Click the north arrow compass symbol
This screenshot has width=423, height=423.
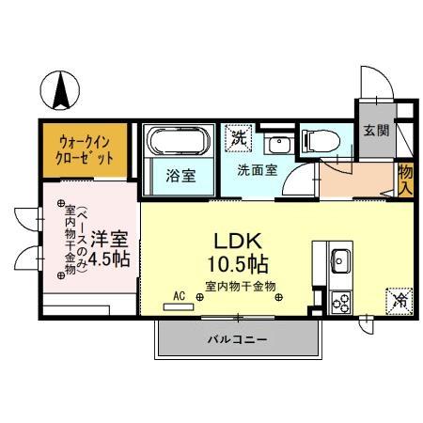point(63,91)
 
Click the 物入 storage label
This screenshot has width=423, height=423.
point(405,178)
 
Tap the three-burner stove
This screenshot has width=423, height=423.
point(340,302)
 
